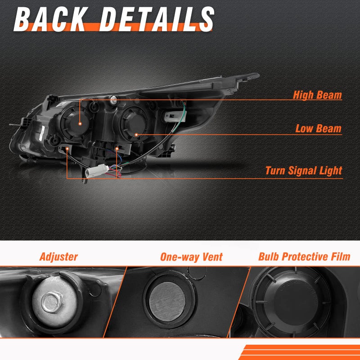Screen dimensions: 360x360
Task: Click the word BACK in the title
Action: (x=51, y=19)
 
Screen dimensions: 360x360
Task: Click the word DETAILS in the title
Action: (x=157, y=19)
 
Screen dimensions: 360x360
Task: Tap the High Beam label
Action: (x=317, y=95)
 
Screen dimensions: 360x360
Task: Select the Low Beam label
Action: (x=319, y=129)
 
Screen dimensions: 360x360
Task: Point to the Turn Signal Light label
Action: (x=303, y=171)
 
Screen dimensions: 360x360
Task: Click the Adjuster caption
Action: (x=58, y=257)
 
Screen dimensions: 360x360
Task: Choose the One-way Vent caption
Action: (x=191, y=257)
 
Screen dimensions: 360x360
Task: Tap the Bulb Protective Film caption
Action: (x=304, y=256)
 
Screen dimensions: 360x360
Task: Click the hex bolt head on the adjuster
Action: (x=52, y=302)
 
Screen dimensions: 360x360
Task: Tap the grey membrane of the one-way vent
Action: (x=167, y=301)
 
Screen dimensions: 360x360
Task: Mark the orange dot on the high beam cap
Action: (x=80, y=124)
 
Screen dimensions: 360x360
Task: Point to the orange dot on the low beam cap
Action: (x=136, y=135)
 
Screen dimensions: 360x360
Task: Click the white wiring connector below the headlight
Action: (x=97, y=171)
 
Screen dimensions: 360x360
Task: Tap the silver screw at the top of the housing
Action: (x=113, y=99)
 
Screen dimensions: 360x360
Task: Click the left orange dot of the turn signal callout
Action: (x=67, y=149)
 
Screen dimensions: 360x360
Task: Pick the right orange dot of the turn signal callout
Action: (x=117, y=149)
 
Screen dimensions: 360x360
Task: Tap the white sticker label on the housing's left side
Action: (x=42, y=134)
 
